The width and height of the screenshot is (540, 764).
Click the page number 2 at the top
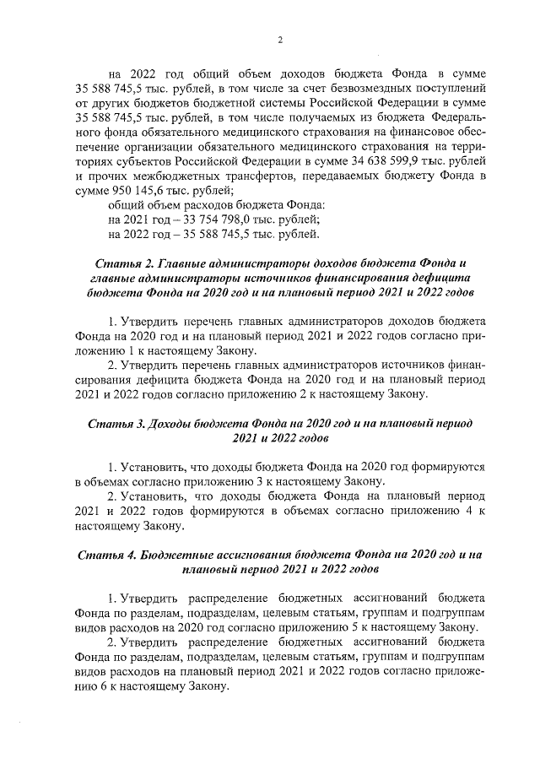(279, 40)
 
